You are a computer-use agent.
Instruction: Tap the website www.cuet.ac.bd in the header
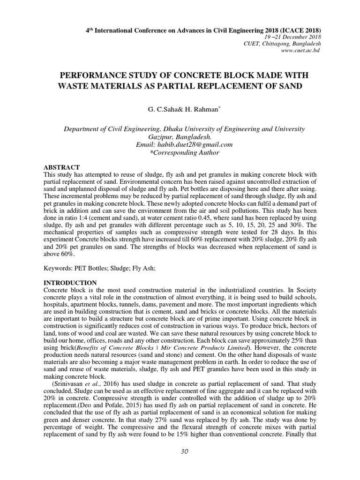point(300,50)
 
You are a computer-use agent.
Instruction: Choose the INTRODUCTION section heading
point(70,283)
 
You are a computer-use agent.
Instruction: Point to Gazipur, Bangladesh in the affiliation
point(183,136)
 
